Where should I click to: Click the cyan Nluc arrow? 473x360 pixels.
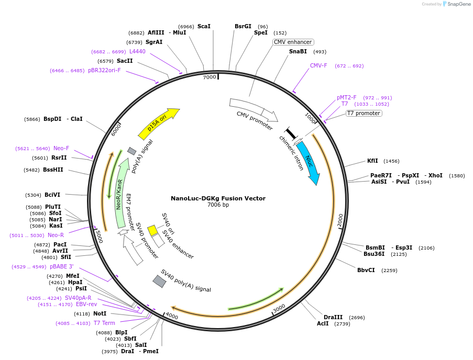click(x=308, y=163)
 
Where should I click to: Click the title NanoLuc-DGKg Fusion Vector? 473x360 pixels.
click(x=218, y=198)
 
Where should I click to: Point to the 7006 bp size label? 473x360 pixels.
click(x=218, y=205)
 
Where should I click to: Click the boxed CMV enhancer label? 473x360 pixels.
click(x=293, y=42)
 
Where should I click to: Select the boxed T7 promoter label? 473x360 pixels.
click(x=364, y=113)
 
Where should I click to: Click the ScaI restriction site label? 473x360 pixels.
click(x=204, y=27)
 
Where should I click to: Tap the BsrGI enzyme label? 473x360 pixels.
click(x=243, y=27)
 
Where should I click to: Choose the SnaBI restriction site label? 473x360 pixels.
click(x=298, y=52)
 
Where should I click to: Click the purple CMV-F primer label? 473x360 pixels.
click(x=318, y=66)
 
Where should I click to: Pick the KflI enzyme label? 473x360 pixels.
click(x=372, y=161)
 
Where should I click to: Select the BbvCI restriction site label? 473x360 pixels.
click(x=366, y=271)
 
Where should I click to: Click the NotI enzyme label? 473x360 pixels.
click(x=100, y=314)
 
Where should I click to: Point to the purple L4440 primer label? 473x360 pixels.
click(x=137, y=52)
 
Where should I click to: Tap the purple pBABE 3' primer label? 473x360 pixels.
click(x=62, y=267)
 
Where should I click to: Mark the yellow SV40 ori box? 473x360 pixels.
click(x=152, y=230)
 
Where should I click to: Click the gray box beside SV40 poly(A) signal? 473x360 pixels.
click(x=159, y=281)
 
